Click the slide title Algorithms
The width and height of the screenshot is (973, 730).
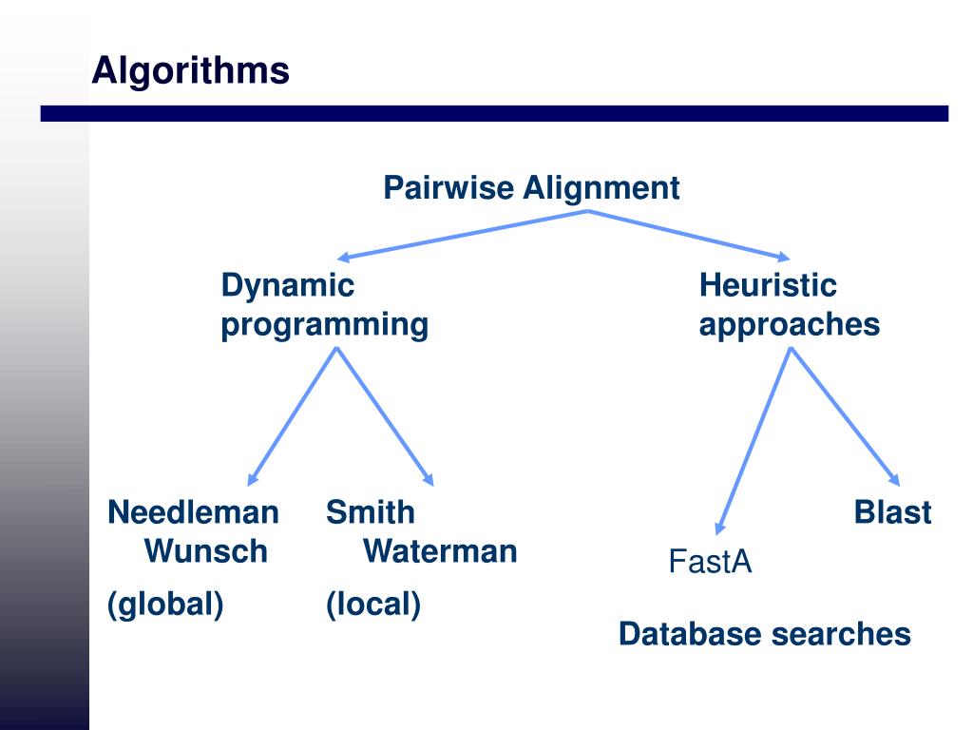190,71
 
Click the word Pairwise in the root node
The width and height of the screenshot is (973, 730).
448,187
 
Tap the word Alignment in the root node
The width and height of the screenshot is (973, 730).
601,189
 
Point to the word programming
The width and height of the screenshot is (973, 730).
325,325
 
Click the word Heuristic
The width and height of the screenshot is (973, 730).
768,285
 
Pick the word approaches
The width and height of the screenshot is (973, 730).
790,325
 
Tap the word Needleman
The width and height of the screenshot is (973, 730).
193,512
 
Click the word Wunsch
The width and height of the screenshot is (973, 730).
206,551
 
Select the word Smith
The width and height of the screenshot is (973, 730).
371,512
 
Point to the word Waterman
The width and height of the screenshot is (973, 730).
440,551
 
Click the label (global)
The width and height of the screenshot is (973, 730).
165,605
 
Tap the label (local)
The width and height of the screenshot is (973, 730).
373,605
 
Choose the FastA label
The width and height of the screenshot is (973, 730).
710,562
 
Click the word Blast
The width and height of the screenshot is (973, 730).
892,512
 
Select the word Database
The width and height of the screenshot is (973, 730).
690,634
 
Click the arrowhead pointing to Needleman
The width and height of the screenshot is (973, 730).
252,479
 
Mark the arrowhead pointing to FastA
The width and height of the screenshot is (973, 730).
720,528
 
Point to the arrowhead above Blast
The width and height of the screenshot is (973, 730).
894,479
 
